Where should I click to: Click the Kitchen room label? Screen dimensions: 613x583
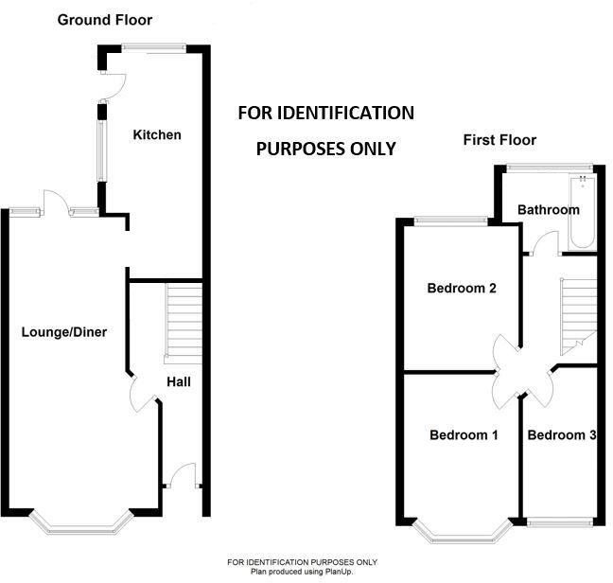click(157, 135)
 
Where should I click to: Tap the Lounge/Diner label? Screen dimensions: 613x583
click(64, 332)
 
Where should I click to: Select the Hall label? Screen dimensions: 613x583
click(179, 382)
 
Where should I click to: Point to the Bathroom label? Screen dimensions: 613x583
click(549, 210)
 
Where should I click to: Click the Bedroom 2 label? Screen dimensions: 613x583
click(462, 289)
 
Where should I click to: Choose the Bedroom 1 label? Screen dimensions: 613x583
click(464, 435)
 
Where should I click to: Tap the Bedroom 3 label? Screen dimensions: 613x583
click(562, 435)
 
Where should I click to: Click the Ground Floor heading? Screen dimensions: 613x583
click(105, 20)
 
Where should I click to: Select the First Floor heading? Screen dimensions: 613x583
click(499, 140)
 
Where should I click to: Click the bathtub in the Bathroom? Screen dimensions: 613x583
click(583, 212)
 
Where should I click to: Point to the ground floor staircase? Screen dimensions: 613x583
click(184, 324)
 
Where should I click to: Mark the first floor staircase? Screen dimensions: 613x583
click(579, 317)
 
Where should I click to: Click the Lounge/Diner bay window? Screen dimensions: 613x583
click(81, 524)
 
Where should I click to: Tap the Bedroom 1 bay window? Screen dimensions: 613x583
click(463, 534)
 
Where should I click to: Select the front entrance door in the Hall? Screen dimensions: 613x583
click(183, 476)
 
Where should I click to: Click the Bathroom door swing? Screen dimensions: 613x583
click(545, 242)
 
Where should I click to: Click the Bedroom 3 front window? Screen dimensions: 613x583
click(560, 522)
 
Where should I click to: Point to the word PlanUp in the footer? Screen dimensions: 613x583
click(339, 572)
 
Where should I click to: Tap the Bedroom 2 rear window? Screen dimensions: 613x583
click(451, 221)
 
